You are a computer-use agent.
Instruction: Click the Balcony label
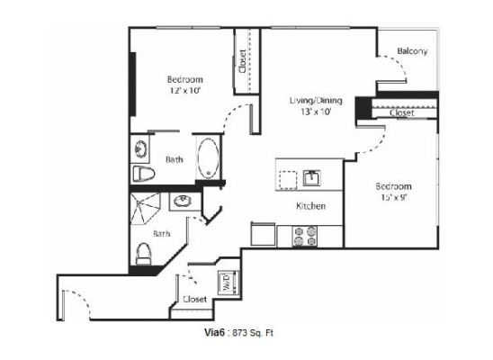(412, 51)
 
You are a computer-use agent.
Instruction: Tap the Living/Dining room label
(316, 100)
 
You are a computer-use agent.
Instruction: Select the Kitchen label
(310, 206)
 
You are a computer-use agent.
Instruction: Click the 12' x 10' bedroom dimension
(185, 91)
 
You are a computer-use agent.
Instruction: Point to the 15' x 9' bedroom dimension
(394, 197)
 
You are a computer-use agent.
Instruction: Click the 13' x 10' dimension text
(316, 112)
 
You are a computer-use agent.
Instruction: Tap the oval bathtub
(209, 158)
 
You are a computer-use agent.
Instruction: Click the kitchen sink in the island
(311, 178)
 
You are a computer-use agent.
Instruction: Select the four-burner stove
(305, 236)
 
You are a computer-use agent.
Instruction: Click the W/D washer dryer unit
(229, 282)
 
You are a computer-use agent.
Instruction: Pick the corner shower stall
(145, 209)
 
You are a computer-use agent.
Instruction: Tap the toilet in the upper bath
(143, 174)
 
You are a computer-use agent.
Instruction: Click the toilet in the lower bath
(143, 253)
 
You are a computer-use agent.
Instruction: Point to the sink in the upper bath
(140, 148)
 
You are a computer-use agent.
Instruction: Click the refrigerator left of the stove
(264, 234)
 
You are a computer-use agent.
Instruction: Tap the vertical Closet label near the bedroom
(242, 61)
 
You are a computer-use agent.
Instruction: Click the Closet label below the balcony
(402, 112)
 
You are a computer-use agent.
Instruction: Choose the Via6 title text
(214, 332)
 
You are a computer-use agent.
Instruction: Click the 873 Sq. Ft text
(253, 333)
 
